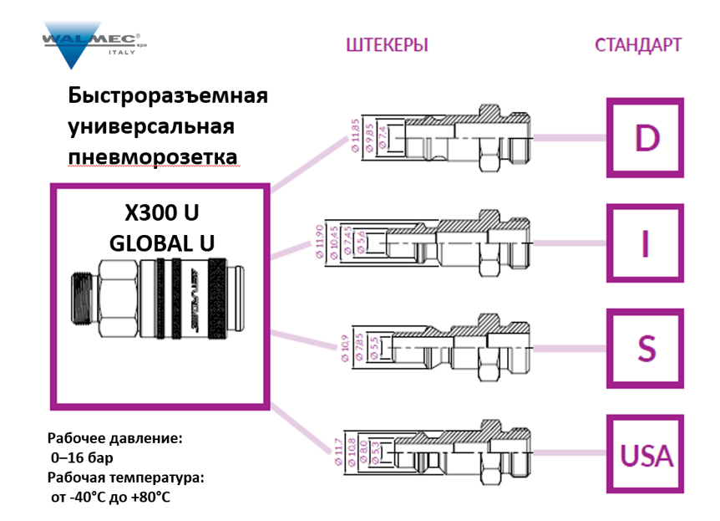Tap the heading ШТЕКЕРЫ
387,44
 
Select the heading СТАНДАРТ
637,44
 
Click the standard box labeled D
646,138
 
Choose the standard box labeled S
646,348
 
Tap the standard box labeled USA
646,455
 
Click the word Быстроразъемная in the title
167,94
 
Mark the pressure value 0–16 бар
82,457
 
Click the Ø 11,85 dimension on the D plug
355,135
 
